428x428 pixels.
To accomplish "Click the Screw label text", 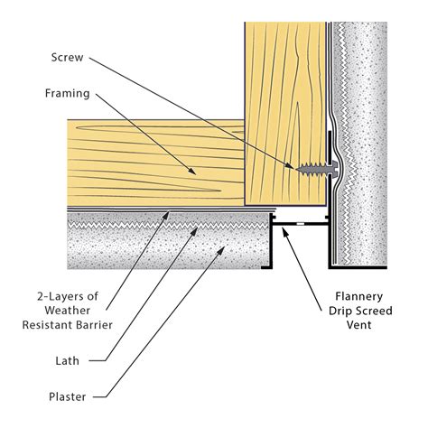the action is pos(67,58).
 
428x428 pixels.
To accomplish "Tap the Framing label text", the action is pos(68,94).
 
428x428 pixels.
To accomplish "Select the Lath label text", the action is pos(68,360).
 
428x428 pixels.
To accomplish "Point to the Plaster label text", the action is pos(68,396).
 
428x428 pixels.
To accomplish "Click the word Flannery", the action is pos(359,297).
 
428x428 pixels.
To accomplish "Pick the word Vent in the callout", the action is pos(359,325).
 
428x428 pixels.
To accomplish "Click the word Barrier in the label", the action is pos(95,325).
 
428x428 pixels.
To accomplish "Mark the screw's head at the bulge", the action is pos(332,169).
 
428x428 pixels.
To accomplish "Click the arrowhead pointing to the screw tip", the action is pos(290,166).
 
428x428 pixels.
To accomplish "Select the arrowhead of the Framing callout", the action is pos(191,171).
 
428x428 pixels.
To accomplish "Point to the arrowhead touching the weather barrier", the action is pos(166,215).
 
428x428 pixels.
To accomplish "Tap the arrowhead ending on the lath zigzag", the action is pos(195,231).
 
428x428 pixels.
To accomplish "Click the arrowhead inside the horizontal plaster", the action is pos(221,250).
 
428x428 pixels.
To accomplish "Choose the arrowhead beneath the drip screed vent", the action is pos(284,232).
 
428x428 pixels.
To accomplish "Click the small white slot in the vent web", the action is pos(300,224).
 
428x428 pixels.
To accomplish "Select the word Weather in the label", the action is pos(68,311).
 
